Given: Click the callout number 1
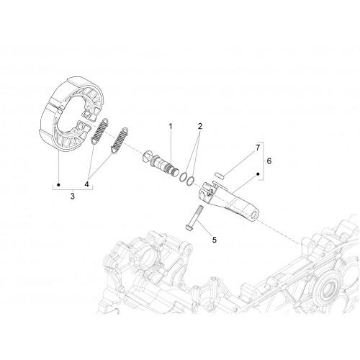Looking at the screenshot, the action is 171,126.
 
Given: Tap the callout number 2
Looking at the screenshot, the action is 200,126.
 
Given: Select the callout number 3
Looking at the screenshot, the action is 73,196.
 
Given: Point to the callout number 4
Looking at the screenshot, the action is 86,184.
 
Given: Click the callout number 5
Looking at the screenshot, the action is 215,239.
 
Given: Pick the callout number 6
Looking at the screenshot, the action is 269,161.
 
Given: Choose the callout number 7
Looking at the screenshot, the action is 258,148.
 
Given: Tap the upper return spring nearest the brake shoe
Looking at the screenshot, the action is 100,131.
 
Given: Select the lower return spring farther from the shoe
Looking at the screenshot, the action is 119,140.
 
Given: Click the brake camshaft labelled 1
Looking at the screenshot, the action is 161,163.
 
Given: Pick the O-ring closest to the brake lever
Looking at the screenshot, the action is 190,181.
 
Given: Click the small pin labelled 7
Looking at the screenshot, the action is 219,174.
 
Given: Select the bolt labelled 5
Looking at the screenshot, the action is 194,217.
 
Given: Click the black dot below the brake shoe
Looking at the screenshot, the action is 58,184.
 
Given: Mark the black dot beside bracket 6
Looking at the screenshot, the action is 258,174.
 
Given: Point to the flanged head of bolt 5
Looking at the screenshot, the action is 188,227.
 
